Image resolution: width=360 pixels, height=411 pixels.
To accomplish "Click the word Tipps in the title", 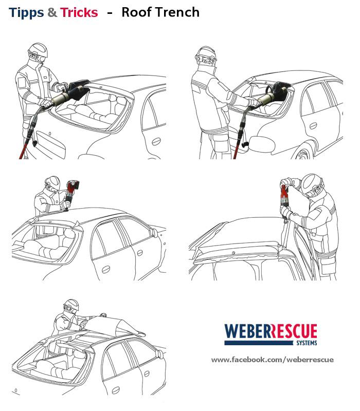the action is pyautogui.click(x=26, y=13).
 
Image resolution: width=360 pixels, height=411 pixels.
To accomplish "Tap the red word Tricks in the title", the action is pyautogui.click(x=79, y=12).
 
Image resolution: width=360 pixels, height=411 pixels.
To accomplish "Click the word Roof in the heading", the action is pyautogui.click(x=136, y=12).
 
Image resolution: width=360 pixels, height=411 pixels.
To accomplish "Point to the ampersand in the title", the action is pyautogui.click(x=52, y=12).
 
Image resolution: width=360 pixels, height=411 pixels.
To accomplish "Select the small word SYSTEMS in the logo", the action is pyautogui.click(x=307, y=343).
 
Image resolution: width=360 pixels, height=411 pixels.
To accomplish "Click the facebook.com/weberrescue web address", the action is pyautogui.click(x=273, y=359).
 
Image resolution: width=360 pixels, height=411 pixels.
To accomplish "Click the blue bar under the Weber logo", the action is pyautogui.click(x=259, y=343).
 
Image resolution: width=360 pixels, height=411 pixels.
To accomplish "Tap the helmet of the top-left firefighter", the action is pyautogui.click(x=38, y=50).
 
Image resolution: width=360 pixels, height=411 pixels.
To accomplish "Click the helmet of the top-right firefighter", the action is pyautogui.click(x=206, y=54).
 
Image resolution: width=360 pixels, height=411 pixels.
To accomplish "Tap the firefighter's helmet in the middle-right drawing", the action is pyautogui.click(x=312, y=183).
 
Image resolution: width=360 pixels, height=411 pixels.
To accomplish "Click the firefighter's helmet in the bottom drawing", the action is pyautogui.click(x=71, y=305).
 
